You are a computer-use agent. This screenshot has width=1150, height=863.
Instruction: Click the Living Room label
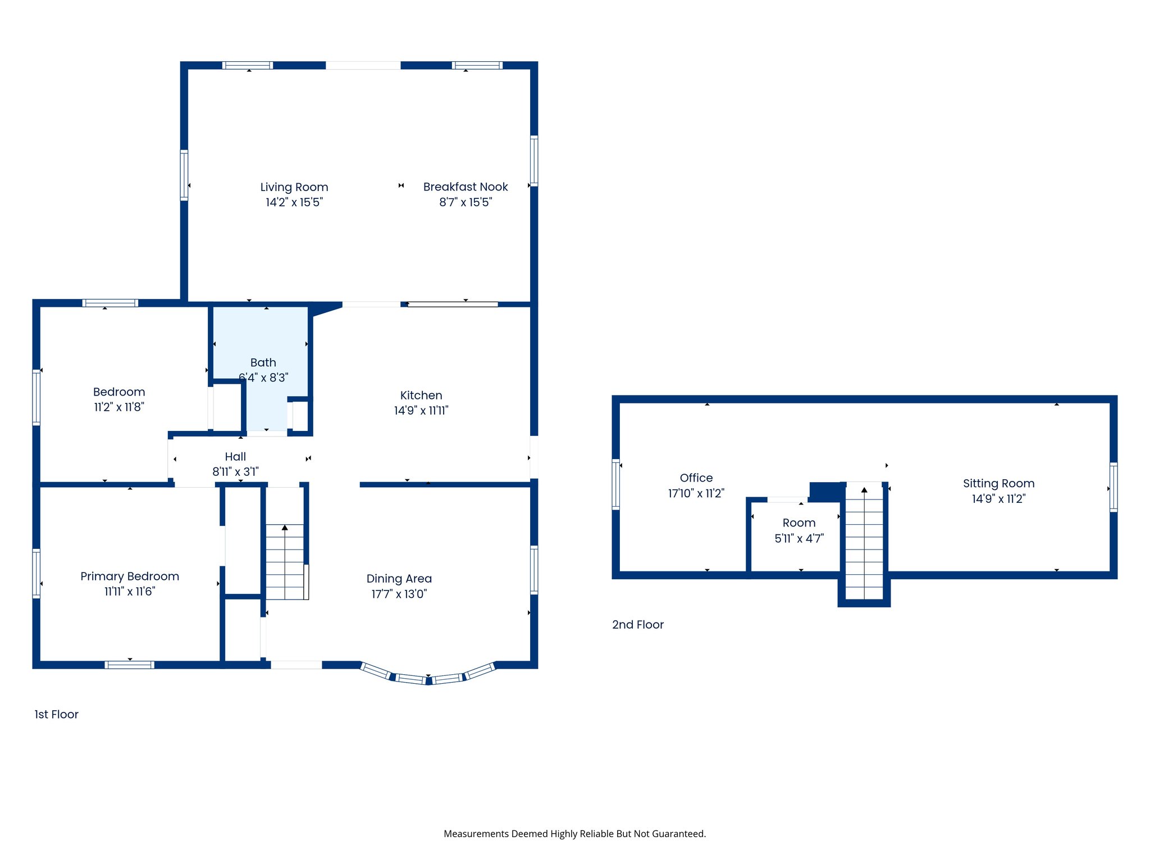[x=294, y=187]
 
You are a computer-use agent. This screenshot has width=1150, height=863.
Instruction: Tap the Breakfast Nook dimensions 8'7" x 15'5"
[x=465, y=202]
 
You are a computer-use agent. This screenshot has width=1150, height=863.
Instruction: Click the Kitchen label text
[x=421, y=396]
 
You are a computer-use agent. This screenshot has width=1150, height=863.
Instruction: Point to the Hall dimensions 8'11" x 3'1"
[x=235, y=472]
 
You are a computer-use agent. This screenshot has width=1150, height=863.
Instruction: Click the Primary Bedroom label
[x=130, y=576]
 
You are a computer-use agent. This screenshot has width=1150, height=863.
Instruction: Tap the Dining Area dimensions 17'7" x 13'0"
[x=399, y=594]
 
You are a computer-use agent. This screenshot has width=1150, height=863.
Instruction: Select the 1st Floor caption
[x=56, y=714]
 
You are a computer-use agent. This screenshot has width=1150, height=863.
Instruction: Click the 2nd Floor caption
[x=637, y=625]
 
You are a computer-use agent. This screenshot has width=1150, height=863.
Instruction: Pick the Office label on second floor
[x=696, y=478]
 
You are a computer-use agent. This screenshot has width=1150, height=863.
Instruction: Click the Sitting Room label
[x=998, y=484]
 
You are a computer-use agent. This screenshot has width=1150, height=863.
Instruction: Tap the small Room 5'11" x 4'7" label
[x=798, y=530]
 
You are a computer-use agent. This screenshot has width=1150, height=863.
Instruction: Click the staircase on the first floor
[x=285, y=562]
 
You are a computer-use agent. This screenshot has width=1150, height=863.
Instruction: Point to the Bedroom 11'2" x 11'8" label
[x=119, y=399]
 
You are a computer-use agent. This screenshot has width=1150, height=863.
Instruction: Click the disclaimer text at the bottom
[x=574, y=834]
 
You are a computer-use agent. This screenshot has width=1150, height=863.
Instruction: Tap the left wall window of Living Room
[x=184, y=175]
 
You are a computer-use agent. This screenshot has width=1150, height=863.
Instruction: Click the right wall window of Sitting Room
[x=1113, y=487]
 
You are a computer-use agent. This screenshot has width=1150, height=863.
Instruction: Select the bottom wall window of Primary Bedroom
[x=129, y=665]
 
